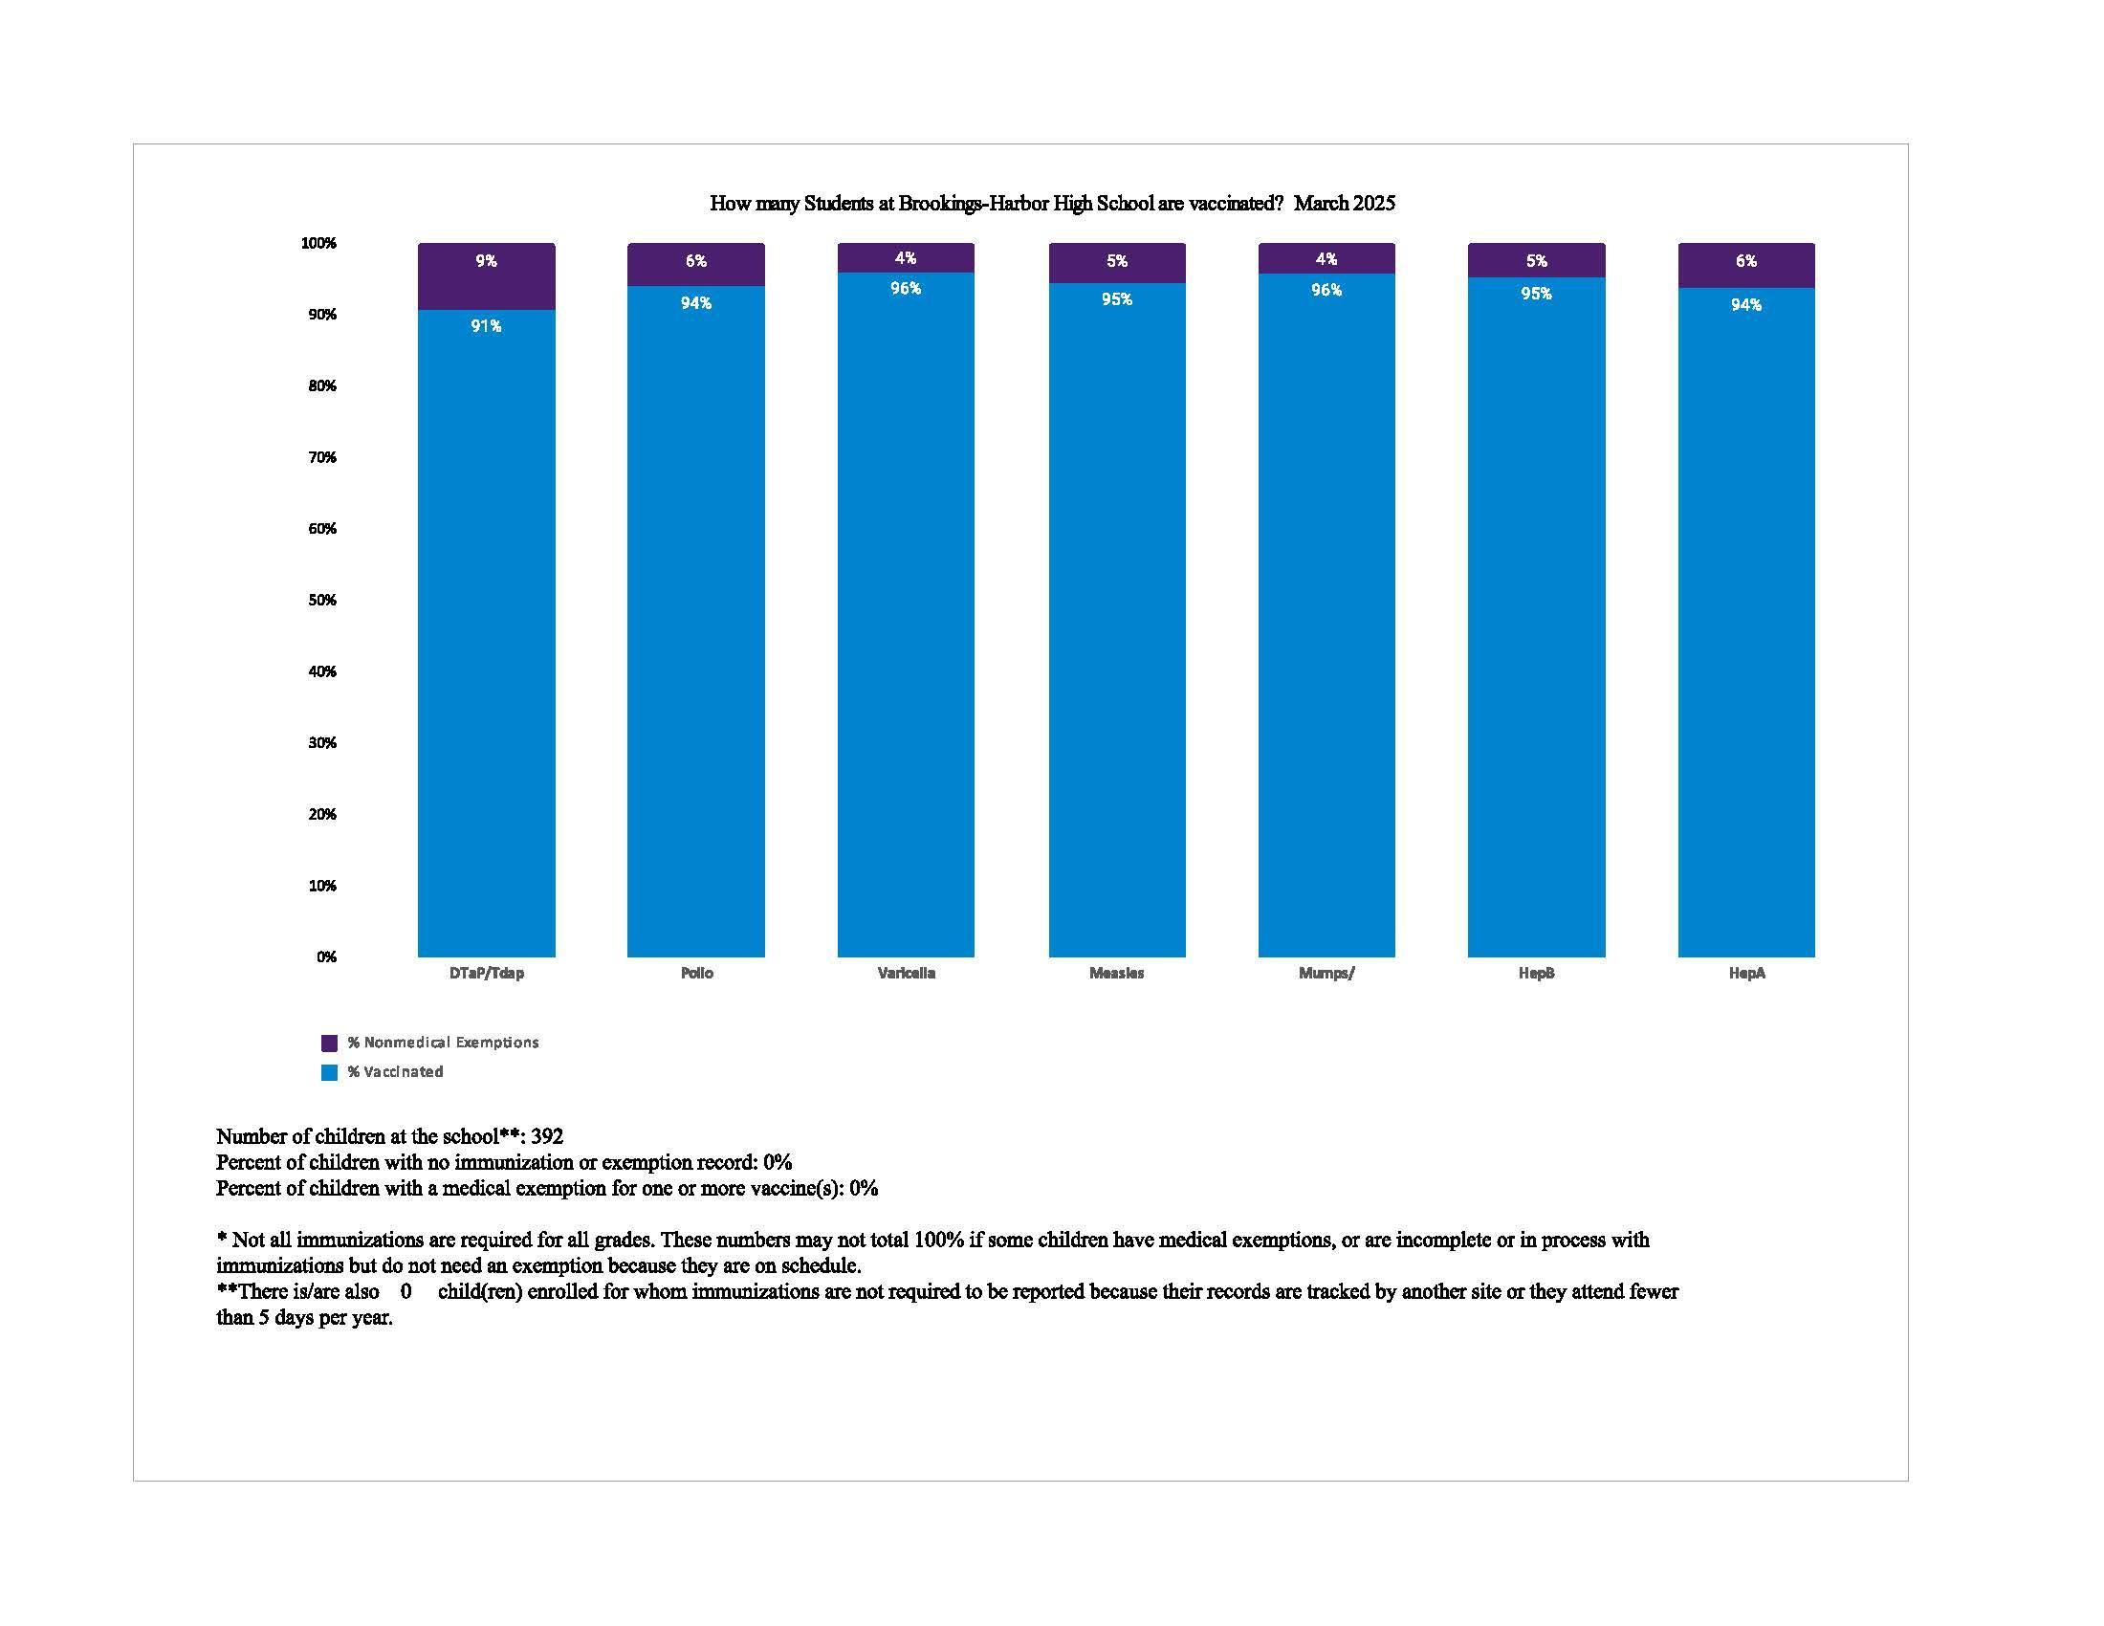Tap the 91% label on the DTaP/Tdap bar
486,326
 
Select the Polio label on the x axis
696,973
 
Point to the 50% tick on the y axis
321,600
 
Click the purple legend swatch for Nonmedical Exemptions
330,1043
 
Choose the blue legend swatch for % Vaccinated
330,1072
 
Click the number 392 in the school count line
546,1136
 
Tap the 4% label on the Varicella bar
906,258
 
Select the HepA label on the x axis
1746,973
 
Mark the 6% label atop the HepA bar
1745,261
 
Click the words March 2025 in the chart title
1344,203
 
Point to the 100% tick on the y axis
318,244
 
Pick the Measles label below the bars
1116,973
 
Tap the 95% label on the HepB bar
1536,294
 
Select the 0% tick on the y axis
325,956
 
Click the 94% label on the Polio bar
695,303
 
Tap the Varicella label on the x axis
906,973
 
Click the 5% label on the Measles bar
1116,261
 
